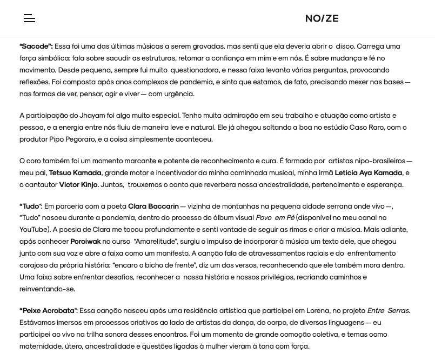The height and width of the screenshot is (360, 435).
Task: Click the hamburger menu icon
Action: pyautogui.click(x=29, y=18)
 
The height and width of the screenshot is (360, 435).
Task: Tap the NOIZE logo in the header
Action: pyautogui.click(x=322, y=18)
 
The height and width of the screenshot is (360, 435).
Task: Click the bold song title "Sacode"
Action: pyautogui.click(x=36, y=46)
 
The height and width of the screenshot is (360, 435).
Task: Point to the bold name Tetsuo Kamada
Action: pyautogui.click(x=75, y=173)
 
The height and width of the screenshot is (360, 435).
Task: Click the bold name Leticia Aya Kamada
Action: pyautogui.click(x=368, y=173)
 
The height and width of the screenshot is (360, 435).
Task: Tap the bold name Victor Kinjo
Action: pyautogui.click(x=78, y=185)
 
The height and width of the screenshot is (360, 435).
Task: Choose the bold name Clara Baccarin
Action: pyautogui.click(x=153, y=206)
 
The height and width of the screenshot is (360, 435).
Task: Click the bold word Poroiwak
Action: pyautogui.click(x=85, y=242)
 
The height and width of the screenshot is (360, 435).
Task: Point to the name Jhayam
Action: pyautogui.click(x=92, y=116)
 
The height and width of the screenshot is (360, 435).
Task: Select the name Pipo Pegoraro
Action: pyautogui.click(x=72, y=139)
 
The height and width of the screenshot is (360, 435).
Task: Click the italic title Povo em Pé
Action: pyautogui.click(x=275, y=218)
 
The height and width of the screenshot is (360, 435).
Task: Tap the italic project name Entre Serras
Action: pyautogui.click(x=388, y=311)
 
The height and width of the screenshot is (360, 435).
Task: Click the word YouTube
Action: pyautogui.click(x=34, y=230)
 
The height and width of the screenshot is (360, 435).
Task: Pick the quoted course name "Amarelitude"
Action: pyautogui.click(x=155, y=242)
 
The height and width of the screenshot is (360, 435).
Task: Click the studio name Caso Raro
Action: pyautogui.click(x=366, y=128)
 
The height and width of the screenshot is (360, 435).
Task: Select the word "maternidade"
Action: pyautogui.click(x=41, y=346)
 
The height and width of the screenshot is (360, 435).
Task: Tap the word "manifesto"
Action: pyautogui.click(x=168, y=254)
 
